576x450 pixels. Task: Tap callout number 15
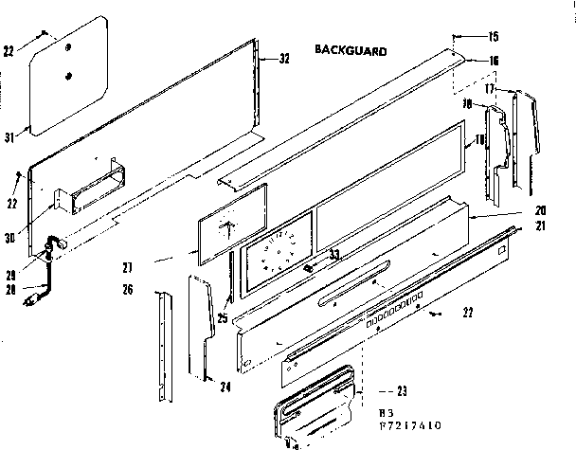(x=493, y=39)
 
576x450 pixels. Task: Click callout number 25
(x=222, y=318)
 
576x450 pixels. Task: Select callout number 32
(x=283, y=59)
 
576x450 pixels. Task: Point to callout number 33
(x=334, y=254)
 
